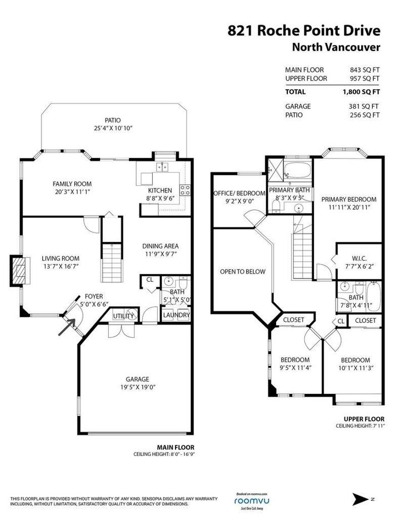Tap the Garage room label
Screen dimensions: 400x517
[x=137, y=379]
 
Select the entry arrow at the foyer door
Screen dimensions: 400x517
[x=67, y=327]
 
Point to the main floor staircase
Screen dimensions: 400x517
[x=112, y=262]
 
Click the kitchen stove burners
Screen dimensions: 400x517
[x=185, y=190]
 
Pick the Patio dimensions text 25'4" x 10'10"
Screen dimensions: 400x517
[x=113, y=128]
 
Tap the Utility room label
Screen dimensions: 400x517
[x=123, y=316]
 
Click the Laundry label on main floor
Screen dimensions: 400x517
[x=176, y=315]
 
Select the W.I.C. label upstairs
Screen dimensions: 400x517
[x=359, y=258]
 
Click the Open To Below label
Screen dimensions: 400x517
[x=243, y=272]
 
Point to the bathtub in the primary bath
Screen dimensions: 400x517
[x=298, y=170]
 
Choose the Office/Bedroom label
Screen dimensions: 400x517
[x=239, y=193]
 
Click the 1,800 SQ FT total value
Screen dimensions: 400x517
[x=361, y=92]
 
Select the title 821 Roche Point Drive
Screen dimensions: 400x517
[x=304, y=31]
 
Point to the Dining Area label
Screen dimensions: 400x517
[x=160, y=246]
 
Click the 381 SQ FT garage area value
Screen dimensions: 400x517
[x=364, y=107]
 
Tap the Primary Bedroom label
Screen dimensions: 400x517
[x=349, y=199]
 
